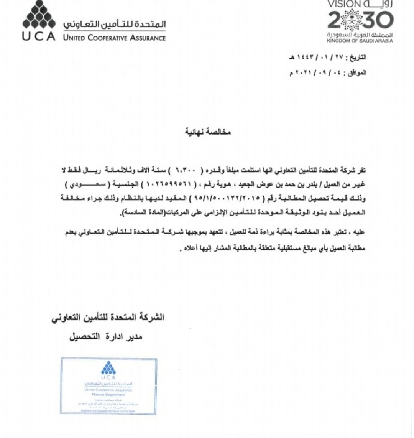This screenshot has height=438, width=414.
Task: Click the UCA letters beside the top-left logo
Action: tap(38, 37)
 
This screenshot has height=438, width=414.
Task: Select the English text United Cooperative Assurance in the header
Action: tap(114, 38)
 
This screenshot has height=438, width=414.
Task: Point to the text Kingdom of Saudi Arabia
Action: tap(360, 41)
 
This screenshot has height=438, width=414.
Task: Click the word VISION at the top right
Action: tap(344, 5)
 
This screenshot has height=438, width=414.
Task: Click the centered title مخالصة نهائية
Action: tap(208, 132)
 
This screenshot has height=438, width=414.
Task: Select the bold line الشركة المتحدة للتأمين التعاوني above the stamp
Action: tap(108, 318)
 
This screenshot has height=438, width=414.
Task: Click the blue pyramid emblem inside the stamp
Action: tap(108, 368)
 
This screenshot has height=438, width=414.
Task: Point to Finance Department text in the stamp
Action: tap(108, 394)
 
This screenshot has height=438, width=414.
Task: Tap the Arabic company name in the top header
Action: tap(114, 25)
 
